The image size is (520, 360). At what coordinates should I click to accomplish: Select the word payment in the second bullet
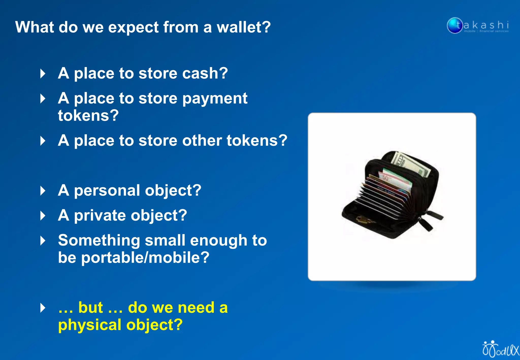pyautogui.click(x=215, y=99)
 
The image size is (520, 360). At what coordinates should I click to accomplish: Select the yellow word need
pyautogui.click(x=196, y=308)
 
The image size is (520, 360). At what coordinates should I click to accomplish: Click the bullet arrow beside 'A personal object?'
pyautogui.click(x=43, y=191)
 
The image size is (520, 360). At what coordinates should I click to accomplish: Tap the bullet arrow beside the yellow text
pyautogui.click(x=43, y=308)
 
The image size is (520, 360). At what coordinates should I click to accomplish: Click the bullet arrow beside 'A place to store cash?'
pyautogui.click(x=43, y=74)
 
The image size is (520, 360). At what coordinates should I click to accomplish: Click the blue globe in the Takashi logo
pyautogui.click(x=454, y=25)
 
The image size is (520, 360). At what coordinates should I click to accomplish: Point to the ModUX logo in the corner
pyautogui.click(x=500, y=349)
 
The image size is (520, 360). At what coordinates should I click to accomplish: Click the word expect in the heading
pyautogui.click(x=134, y=27)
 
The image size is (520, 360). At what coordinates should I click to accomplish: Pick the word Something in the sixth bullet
pyautogui.click(x=99, y=240)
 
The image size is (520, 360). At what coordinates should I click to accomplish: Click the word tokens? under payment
pyautogui.click(x=88, y=116)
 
